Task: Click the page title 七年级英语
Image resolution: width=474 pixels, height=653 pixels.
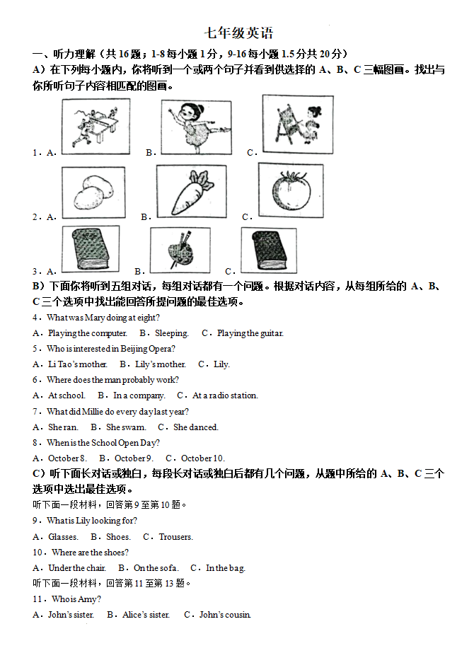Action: [x=238, y=33]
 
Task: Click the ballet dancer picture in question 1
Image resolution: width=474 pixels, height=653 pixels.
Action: [x=196, y=127]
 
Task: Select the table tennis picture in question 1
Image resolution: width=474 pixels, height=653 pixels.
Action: [x=96, y=126]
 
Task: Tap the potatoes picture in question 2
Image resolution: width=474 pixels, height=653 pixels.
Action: [x=93, y=192]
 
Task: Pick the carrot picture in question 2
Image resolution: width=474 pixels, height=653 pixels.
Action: [x=192, y=191]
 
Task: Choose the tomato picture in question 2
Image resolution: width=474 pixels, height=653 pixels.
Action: [x=290, y=190]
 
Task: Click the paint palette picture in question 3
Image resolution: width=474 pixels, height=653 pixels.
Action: [x=180, y=249]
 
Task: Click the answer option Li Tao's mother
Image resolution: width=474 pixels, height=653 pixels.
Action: [x=77, y=364]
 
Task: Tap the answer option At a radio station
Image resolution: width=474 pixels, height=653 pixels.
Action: [x=225, y=395]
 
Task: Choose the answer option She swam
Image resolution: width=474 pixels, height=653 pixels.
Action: [x=126, y=427]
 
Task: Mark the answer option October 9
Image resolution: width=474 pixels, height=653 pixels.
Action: [x=134, y=458]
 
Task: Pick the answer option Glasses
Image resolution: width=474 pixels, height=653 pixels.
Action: [x=63, y=537]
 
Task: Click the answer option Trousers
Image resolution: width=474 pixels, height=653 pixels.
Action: [x=175, y=537]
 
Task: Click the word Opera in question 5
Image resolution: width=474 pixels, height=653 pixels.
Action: [x=159, y=349]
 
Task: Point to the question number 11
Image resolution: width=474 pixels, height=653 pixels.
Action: [x=37, y=599]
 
